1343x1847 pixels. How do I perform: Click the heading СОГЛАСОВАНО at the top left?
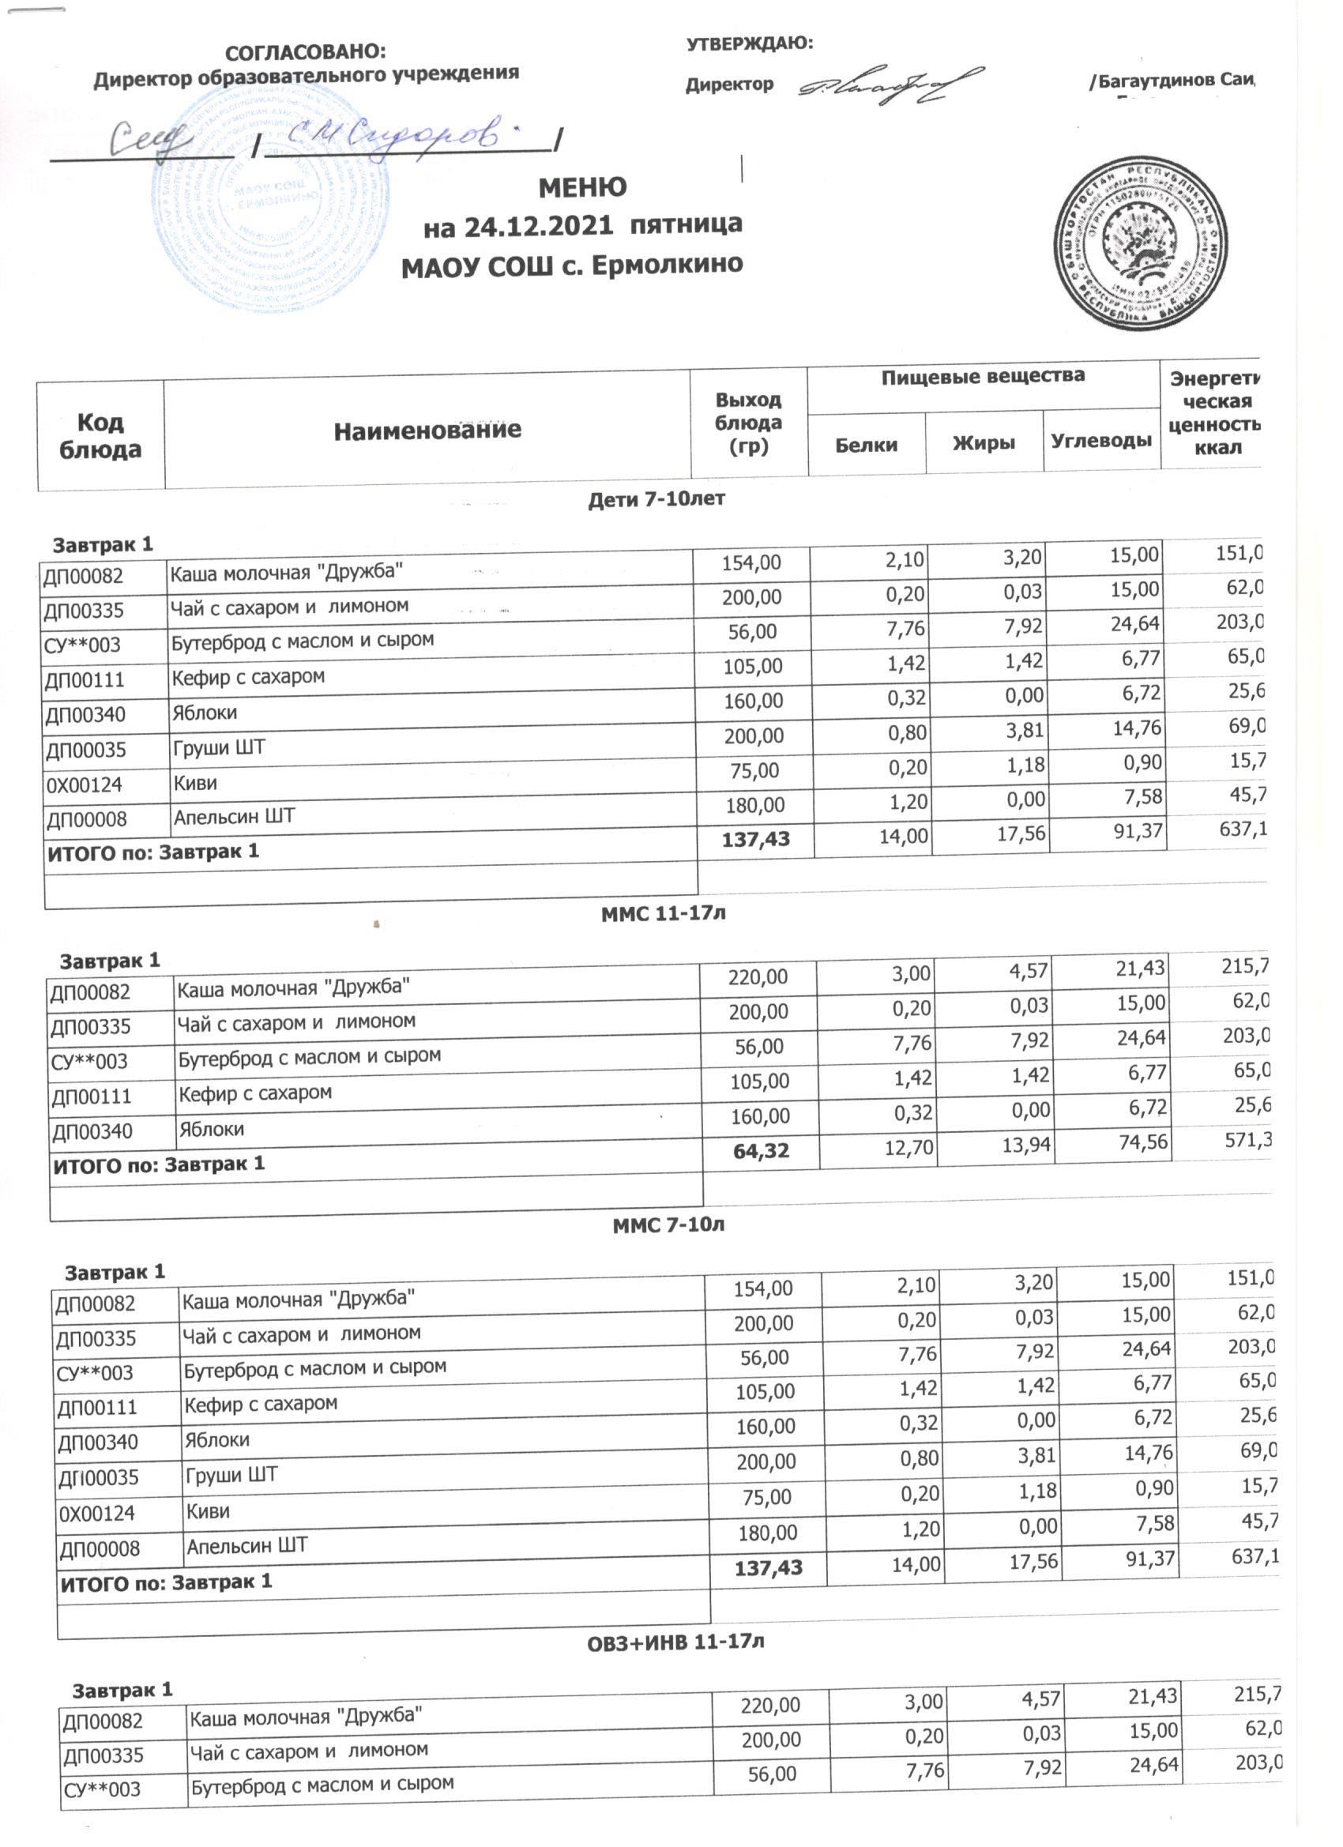(x=305, y=52)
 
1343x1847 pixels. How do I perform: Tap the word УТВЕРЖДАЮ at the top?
(x=749, y=43)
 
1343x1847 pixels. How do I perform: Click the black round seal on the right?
(x=1141, y=243)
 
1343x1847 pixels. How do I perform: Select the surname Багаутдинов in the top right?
(x=1157, y=81)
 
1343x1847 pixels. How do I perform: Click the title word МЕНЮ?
(x=582, y=188)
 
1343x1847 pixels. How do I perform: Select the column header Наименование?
(x=427, y=430)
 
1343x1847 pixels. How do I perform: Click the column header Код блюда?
(x=100, y=436)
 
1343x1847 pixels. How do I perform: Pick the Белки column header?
(x=867, y=445)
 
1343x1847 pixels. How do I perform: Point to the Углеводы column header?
(x=1101, y=442)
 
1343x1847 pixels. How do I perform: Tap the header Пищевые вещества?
(x=982, y=376)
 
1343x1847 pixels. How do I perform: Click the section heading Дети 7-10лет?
(x=656, y=499)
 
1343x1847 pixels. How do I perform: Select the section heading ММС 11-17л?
(x=663, y=913)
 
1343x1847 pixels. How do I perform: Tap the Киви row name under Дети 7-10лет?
(x=195, y=784)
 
